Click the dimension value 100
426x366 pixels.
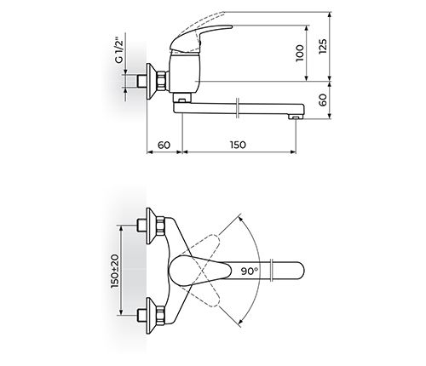click(x=299, y=55)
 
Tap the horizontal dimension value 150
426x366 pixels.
click(x=238, y=145)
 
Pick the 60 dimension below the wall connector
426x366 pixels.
click(x=164, y=145)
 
